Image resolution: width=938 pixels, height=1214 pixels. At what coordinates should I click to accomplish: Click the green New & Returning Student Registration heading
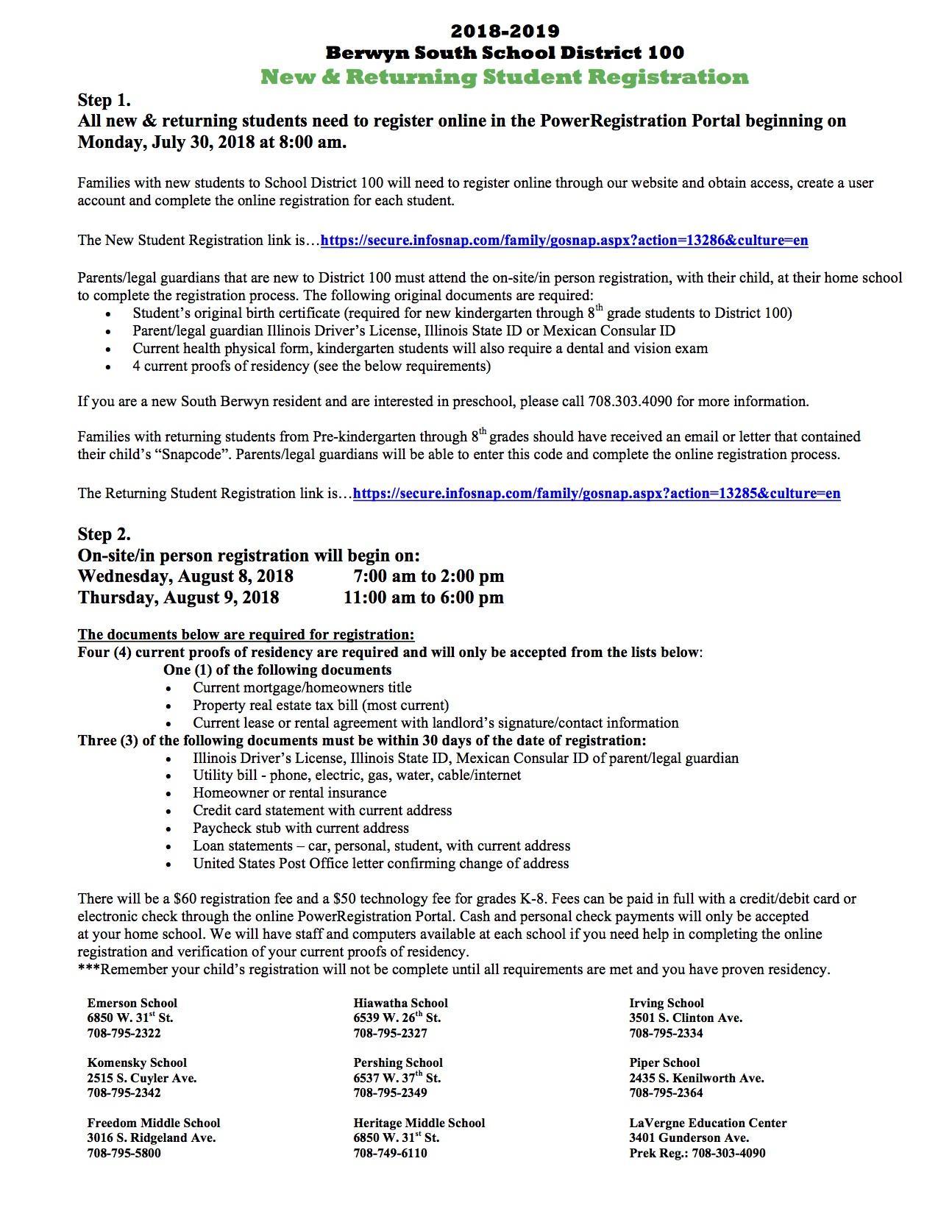click(x=504, y=77)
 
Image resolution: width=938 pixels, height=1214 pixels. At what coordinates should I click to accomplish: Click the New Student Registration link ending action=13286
click(x=564, y=241)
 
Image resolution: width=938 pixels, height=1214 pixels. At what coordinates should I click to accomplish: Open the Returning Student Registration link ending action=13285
click(x=596, y=494)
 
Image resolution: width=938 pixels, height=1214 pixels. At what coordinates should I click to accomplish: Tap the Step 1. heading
click(x=104, y=100)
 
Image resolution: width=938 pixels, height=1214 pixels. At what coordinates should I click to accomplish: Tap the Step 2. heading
click(x=104, y=534)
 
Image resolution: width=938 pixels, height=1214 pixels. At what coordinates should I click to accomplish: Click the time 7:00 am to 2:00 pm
click(x=428, y=576)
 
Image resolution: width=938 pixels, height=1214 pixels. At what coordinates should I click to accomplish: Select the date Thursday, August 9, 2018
click(x=178, y=597)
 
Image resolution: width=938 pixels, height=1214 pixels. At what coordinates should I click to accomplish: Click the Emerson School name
click(x=132, y=1003)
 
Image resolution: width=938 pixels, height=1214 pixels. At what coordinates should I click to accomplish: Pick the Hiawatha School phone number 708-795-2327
click(x=390, y=1033)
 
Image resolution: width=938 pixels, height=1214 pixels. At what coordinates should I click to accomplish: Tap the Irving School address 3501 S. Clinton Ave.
click(x=685, y=1018)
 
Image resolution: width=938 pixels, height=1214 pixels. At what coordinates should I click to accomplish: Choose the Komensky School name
click(x=137, y=1062)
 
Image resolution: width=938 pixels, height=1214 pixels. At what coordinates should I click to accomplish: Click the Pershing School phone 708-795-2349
click(x=390, y=1093)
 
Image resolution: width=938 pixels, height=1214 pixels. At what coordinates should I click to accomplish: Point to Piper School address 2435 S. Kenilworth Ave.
click(x=696, y=1078)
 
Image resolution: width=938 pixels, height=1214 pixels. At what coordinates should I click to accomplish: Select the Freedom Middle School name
click(x=153, y=1123)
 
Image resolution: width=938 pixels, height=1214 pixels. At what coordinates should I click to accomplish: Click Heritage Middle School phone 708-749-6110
click(x=390, y=1153)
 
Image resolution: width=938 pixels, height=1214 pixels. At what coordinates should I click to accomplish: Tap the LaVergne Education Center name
click(x=707, y=1123)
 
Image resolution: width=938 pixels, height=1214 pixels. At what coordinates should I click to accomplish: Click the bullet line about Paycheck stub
click(x=300, y=828)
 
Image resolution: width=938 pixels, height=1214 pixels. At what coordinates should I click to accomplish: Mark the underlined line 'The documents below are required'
click(x=246, y=635)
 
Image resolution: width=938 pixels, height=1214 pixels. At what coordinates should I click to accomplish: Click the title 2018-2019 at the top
click(x=505, y=31)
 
